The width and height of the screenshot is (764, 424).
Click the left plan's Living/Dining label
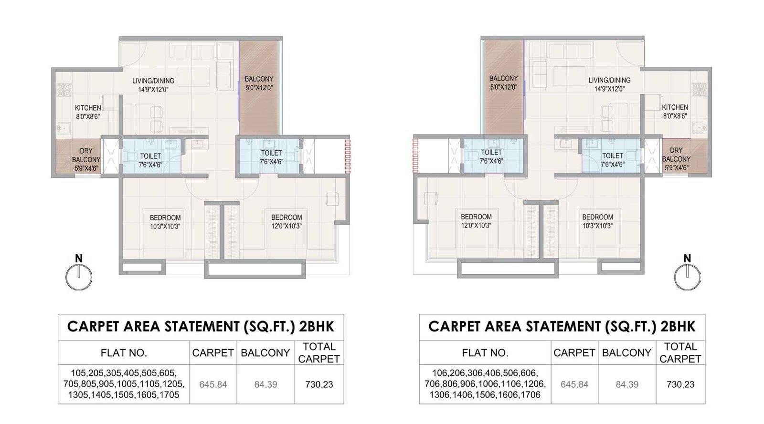(x=153, y=85)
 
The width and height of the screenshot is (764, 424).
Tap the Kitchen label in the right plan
(x=675, y=112)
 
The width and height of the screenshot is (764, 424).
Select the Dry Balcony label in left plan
(x=86, y=159)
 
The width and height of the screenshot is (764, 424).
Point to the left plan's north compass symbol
(x=79, y=277)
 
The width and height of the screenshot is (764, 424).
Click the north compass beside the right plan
(x=687, y=277)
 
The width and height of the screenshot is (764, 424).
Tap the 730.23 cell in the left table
(x=318, y=384)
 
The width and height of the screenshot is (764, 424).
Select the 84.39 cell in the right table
(x=627, y=384)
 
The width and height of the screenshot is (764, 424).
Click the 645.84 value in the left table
(x=213, y=384)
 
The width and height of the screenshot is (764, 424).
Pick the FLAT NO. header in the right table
(x=485, y=353)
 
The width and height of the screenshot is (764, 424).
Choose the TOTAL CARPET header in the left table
(x=318, y=353)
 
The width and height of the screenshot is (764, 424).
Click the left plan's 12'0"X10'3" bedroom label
(x=286, y=222)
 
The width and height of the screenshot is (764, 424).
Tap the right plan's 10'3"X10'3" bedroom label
(x=597, y=222)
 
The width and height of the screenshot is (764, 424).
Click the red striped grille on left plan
(x=348, y=155)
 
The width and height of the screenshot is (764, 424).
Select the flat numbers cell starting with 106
(x=485, y=384)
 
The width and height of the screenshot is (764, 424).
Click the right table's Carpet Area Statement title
(x=562, y=327)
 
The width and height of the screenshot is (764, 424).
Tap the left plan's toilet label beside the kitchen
(x=150, y=160)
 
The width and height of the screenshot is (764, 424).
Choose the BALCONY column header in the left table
(x=265, y=353)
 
